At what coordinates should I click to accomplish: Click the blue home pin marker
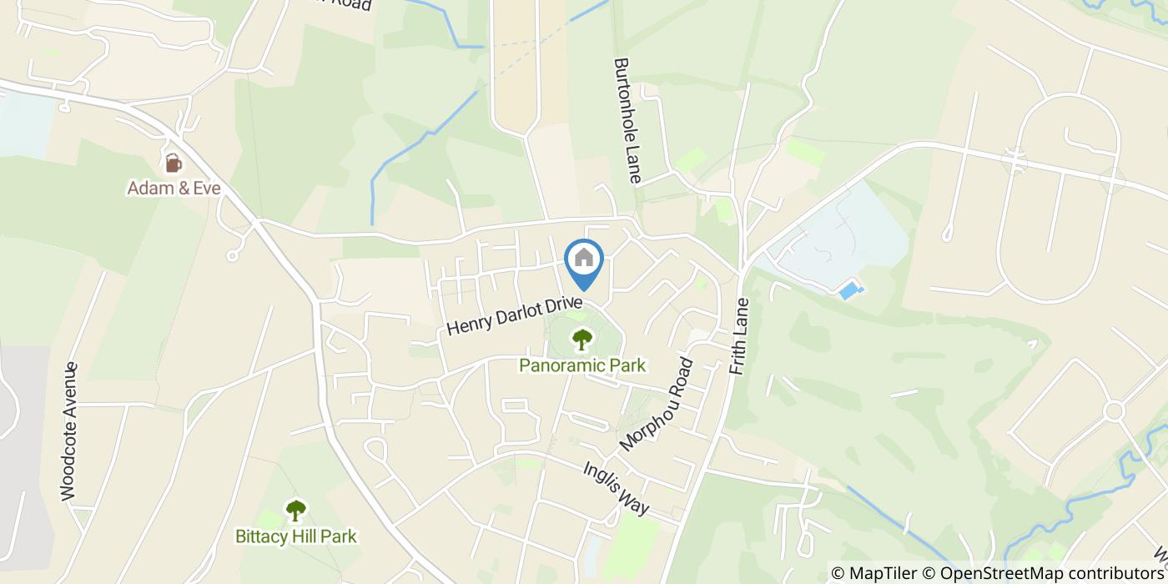584,263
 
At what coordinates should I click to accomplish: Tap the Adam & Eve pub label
174,189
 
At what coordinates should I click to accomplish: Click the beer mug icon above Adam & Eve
173,162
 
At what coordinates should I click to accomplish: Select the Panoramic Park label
582,365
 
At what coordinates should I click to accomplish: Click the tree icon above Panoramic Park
581,340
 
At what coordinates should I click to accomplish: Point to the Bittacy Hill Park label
295,536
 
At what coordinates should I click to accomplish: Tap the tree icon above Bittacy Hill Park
295,510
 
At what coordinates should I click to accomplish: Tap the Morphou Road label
657,406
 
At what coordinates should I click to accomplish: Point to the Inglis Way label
616,488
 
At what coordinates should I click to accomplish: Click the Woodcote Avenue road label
69,431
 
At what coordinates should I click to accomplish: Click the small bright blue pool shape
850,291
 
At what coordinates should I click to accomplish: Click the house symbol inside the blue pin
584,257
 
